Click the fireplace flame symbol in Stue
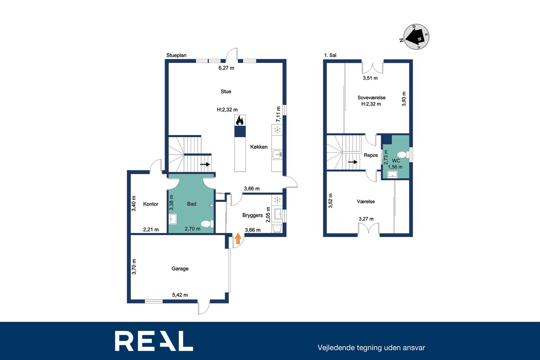240,120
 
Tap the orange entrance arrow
238,238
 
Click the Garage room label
180,268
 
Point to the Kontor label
151,204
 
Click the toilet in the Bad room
207,224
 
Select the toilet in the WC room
403,154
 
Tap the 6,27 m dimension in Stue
227,68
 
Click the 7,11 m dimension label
278,114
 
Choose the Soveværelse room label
371,97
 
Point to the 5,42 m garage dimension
180,295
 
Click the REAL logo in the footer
154,341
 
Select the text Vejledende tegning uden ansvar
371,348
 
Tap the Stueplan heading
176,55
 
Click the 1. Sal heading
330,55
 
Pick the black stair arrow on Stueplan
205,165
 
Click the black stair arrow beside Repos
353,162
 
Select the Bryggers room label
252,215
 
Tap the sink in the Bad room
173,219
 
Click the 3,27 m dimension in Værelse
366,219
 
